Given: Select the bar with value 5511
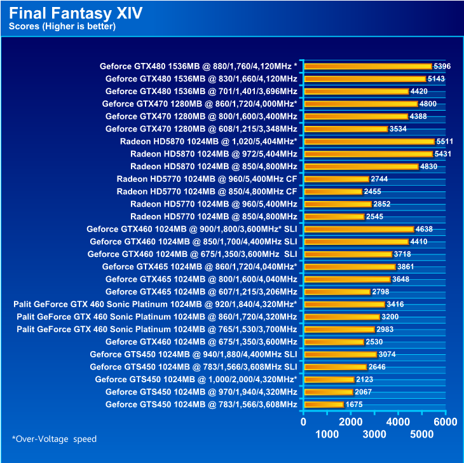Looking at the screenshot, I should [369, 141].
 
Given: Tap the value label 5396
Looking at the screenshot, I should [442, 66].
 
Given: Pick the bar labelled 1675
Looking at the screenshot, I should [324, 404].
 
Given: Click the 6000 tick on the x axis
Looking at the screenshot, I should [446, 422].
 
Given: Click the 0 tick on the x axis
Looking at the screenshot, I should [303, 422].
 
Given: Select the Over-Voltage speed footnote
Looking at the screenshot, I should [54, 439].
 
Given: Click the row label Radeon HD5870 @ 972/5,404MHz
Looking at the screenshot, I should [214, 154].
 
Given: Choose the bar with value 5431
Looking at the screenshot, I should [367, 154].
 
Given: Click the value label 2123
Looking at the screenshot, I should [364, 380].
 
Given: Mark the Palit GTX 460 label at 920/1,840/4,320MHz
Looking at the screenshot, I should [154, 305].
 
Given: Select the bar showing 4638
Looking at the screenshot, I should [358, 229].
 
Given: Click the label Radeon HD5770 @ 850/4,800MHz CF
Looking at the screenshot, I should [207, 191].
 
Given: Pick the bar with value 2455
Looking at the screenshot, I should [332, 191].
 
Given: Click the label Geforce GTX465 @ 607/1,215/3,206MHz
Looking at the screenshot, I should [201, 292].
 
